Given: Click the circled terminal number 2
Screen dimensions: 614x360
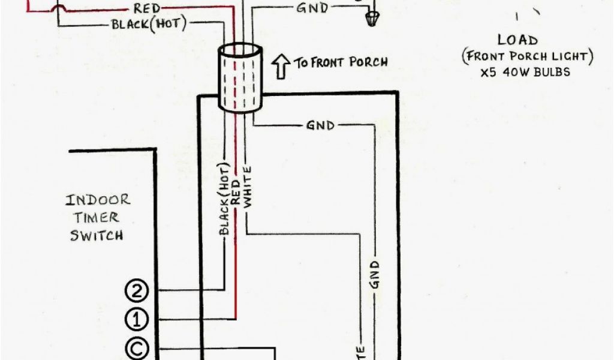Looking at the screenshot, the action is coord(136,291).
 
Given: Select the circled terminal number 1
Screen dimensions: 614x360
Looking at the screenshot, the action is coord(136,319).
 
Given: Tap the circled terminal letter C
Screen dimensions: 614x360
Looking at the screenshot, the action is coord(136,347).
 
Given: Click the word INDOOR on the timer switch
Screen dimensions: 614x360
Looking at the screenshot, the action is coord(98,200).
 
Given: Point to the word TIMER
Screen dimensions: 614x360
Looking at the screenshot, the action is coord(97,217).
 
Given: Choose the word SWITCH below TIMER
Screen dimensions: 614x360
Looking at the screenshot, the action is coord(97,235).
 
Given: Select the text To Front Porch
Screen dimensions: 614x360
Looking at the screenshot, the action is coord(340,62).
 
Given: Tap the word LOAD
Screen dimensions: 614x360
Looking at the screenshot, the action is coord(517,41).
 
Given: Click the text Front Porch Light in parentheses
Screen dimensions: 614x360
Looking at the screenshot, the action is coord(528,57).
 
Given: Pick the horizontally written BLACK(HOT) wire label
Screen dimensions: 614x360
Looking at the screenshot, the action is coord(149,25).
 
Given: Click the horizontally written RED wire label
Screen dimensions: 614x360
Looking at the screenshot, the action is coord(146,9).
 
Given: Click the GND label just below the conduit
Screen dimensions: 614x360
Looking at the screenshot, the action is coord(320,125).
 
